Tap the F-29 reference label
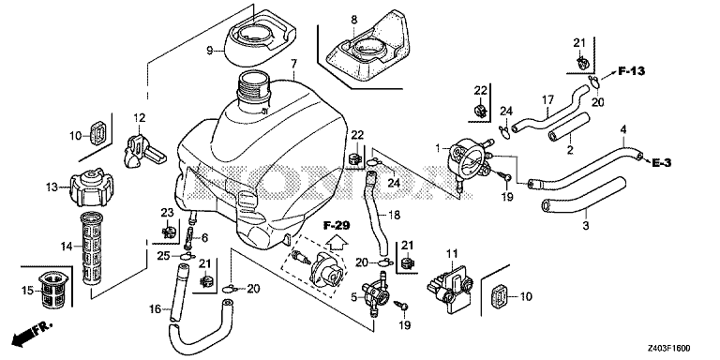tap(337, 225)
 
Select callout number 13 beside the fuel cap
tap(52, 187)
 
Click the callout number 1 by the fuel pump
tap(436, 147)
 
